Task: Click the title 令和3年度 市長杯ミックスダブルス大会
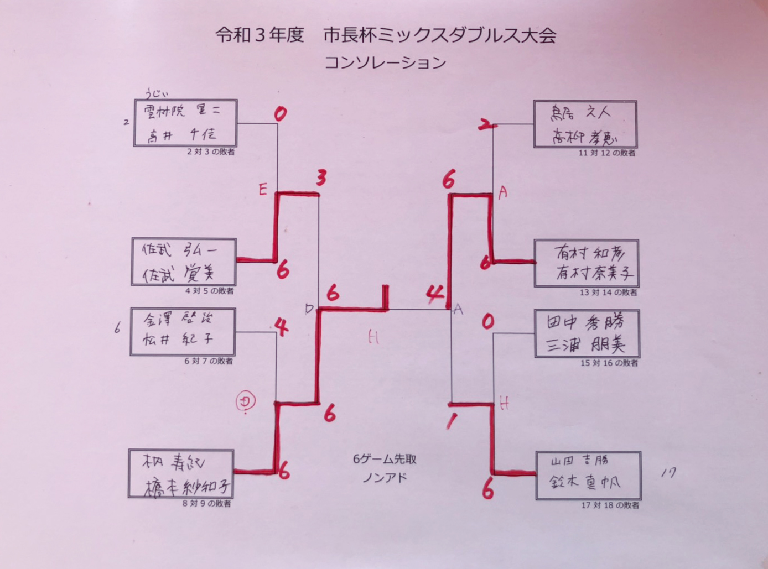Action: click(x=385, y=35)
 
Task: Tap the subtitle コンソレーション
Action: click(x=385, y=62)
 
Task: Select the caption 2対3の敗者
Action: click(x=210, y=152)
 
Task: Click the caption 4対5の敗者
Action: click(x=209, y=291)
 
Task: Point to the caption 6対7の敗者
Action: click(x=209, y=361)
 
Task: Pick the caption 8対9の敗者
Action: click(x=207, y=504)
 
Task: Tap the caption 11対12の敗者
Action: click(x=607, y=153)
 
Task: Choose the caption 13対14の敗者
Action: click(x=608, y=293)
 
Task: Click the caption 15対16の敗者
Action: click(x=609, y=363)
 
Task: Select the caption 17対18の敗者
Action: click(x=610, y=505)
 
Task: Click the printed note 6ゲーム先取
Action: click(x=385, y=459)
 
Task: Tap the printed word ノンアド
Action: click(x=385, y=477)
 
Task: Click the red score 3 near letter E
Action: click(x=321, y=178)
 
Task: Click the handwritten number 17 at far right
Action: click(x=668, y=473)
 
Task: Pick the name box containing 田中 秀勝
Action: click(x=587, y=334)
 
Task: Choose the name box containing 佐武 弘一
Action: click(x=184, y=262)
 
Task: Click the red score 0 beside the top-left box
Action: click(x=281, y=114)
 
